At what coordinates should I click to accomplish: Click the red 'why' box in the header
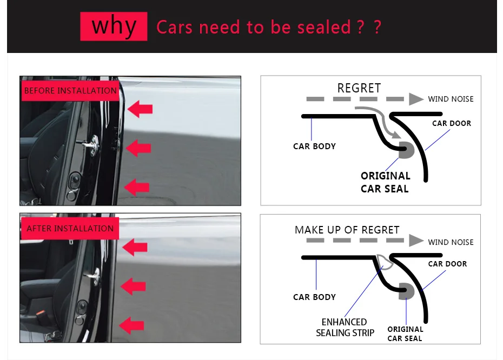coord(114,26)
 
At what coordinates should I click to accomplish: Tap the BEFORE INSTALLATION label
coord(70,90)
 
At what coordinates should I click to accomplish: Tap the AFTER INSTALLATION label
coord(70,228)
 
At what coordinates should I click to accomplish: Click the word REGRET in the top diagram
coord(359,88)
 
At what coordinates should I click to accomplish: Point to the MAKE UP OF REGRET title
coord(347,230)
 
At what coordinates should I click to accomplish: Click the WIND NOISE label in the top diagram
coord(451,99)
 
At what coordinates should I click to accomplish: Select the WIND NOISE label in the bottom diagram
coord(451,242)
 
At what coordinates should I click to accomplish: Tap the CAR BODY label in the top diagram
coord(314,146)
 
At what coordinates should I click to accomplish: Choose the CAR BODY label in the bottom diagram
coord(314,297)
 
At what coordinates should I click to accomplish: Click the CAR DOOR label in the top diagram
coord(452,123)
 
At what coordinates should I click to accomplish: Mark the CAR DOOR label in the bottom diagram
coord(447,264)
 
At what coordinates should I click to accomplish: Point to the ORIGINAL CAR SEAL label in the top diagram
coord(385,182)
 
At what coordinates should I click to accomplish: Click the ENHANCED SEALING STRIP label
coord(345,327)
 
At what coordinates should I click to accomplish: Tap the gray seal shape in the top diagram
coord(406,151)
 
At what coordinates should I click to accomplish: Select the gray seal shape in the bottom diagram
coord(406,291)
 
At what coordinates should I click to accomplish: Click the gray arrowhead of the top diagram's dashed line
coord(416,99)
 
